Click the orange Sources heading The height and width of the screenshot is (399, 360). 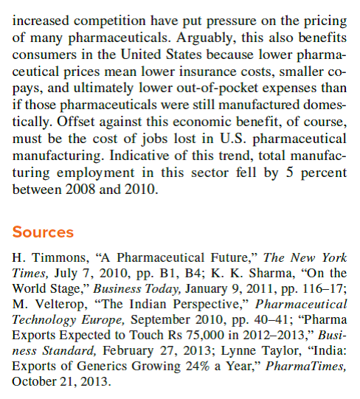[x=43, y=232]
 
